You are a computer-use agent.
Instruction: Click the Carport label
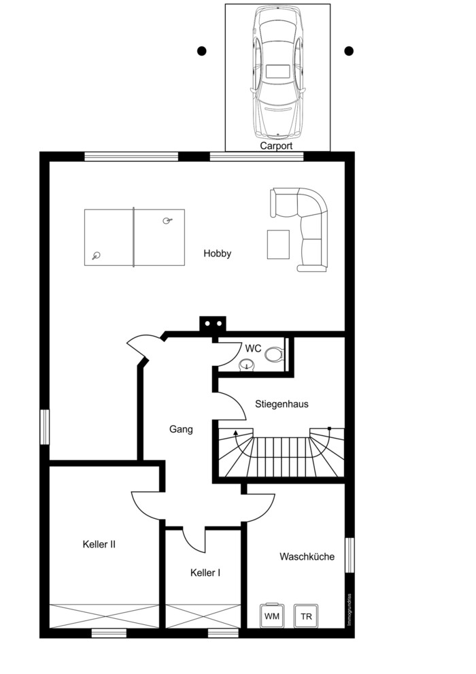[x=276, y=146]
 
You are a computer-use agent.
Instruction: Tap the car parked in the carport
[x=277, y=73]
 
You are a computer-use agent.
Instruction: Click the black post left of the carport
[x=201, y=51]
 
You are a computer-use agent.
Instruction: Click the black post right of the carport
[x=349, y=51]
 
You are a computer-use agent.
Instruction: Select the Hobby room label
[x=218, y=253]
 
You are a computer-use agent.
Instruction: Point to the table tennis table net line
[x=133, y=237]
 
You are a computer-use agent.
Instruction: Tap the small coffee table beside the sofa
[x=278, y=245]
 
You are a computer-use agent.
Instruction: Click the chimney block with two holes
[x=213, y=324]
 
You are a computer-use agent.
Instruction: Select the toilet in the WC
[x=274, y=354]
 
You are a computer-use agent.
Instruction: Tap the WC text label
[x=253, y=348]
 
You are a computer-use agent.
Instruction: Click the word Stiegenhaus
[x=282, y=404]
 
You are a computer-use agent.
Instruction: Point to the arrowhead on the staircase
[x=235, y=433]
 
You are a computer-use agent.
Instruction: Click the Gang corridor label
[x=181, y=429]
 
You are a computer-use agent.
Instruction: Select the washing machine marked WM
[x=271, y=616]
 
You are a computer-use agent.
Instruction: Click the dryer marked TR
[x=306, y=616]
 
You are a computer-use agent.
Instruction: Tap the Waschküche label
[x=307, y=556]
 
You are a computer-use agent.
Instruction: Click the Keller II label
[x=99, y=544]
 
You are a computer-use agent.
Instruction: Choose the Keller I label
[x=205, y=573]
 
